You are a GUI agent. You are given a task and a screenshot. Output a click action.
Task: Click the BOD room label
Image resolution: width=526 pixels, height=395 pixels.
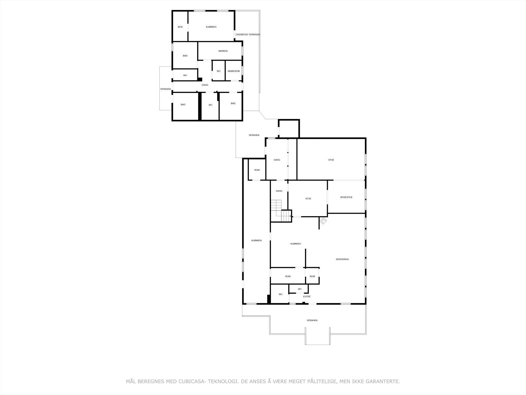(x=180, y=27)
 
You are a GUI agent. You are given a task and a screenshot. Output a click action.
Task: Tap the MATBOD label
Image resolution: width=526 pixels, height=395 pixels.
(x=223, y=51)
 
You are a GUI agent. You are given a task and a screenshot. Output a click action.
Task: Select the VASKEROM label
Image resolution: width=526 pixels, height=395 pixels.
(x=233, y=71)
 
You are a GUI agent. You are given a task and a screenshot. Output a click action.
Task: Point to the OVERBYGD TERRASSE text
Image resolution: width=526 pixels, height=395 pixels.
(x=248, y=35)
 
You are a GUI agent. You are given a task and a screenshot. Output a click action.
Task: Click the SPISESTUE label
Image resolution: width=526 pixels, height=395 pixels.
(x=346, y=197)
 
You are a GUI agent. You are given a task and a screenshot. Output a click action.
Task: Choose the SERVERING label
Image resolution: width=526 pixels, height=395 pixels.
(x=342, y=259)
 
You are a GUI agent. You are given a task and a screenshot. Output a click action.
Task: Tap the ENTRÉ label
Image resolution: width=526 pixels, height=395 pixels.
(x=307, y=297)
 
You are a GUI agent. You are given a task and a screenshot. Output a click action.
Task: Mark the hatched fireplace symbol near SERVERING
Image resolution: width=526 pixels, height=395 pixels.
(x=323, y=221)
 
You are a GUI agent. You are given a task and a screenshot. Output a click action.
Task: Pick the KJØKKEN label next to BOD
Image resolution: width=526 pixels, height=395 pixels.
(x=211, y=27)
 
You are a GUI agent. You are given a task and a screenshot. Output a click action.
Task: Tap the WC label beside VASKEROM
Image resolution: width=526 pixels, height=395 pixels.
(x=219, y=71)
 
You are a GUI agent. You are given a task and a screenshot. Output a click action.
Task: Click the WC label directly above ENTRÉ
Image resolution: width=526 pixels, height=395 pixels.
(x=300, y=289)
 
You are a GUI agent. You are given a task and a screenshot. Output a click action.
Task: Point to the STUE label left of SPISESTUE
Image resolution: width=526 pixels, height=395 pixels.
(x=308, y=198)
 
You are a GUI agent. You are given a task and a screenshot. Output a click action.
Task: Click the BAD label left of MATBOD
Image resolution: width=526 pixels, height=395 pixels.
(x=185, y=56)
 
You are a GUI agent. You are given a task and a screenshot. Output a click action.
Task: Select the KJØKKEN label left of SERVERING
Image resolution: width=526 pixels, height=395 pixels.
(x=296, y=244)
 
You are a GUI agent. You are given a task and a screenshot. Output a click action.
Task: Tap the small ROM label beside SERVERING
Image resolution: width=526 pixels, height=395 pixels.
(x=312, y=276)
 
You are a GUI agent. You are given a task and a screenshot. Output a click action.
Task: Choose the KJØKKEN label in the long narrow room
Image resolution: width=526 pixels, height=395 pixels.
(x=256, y=241)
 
